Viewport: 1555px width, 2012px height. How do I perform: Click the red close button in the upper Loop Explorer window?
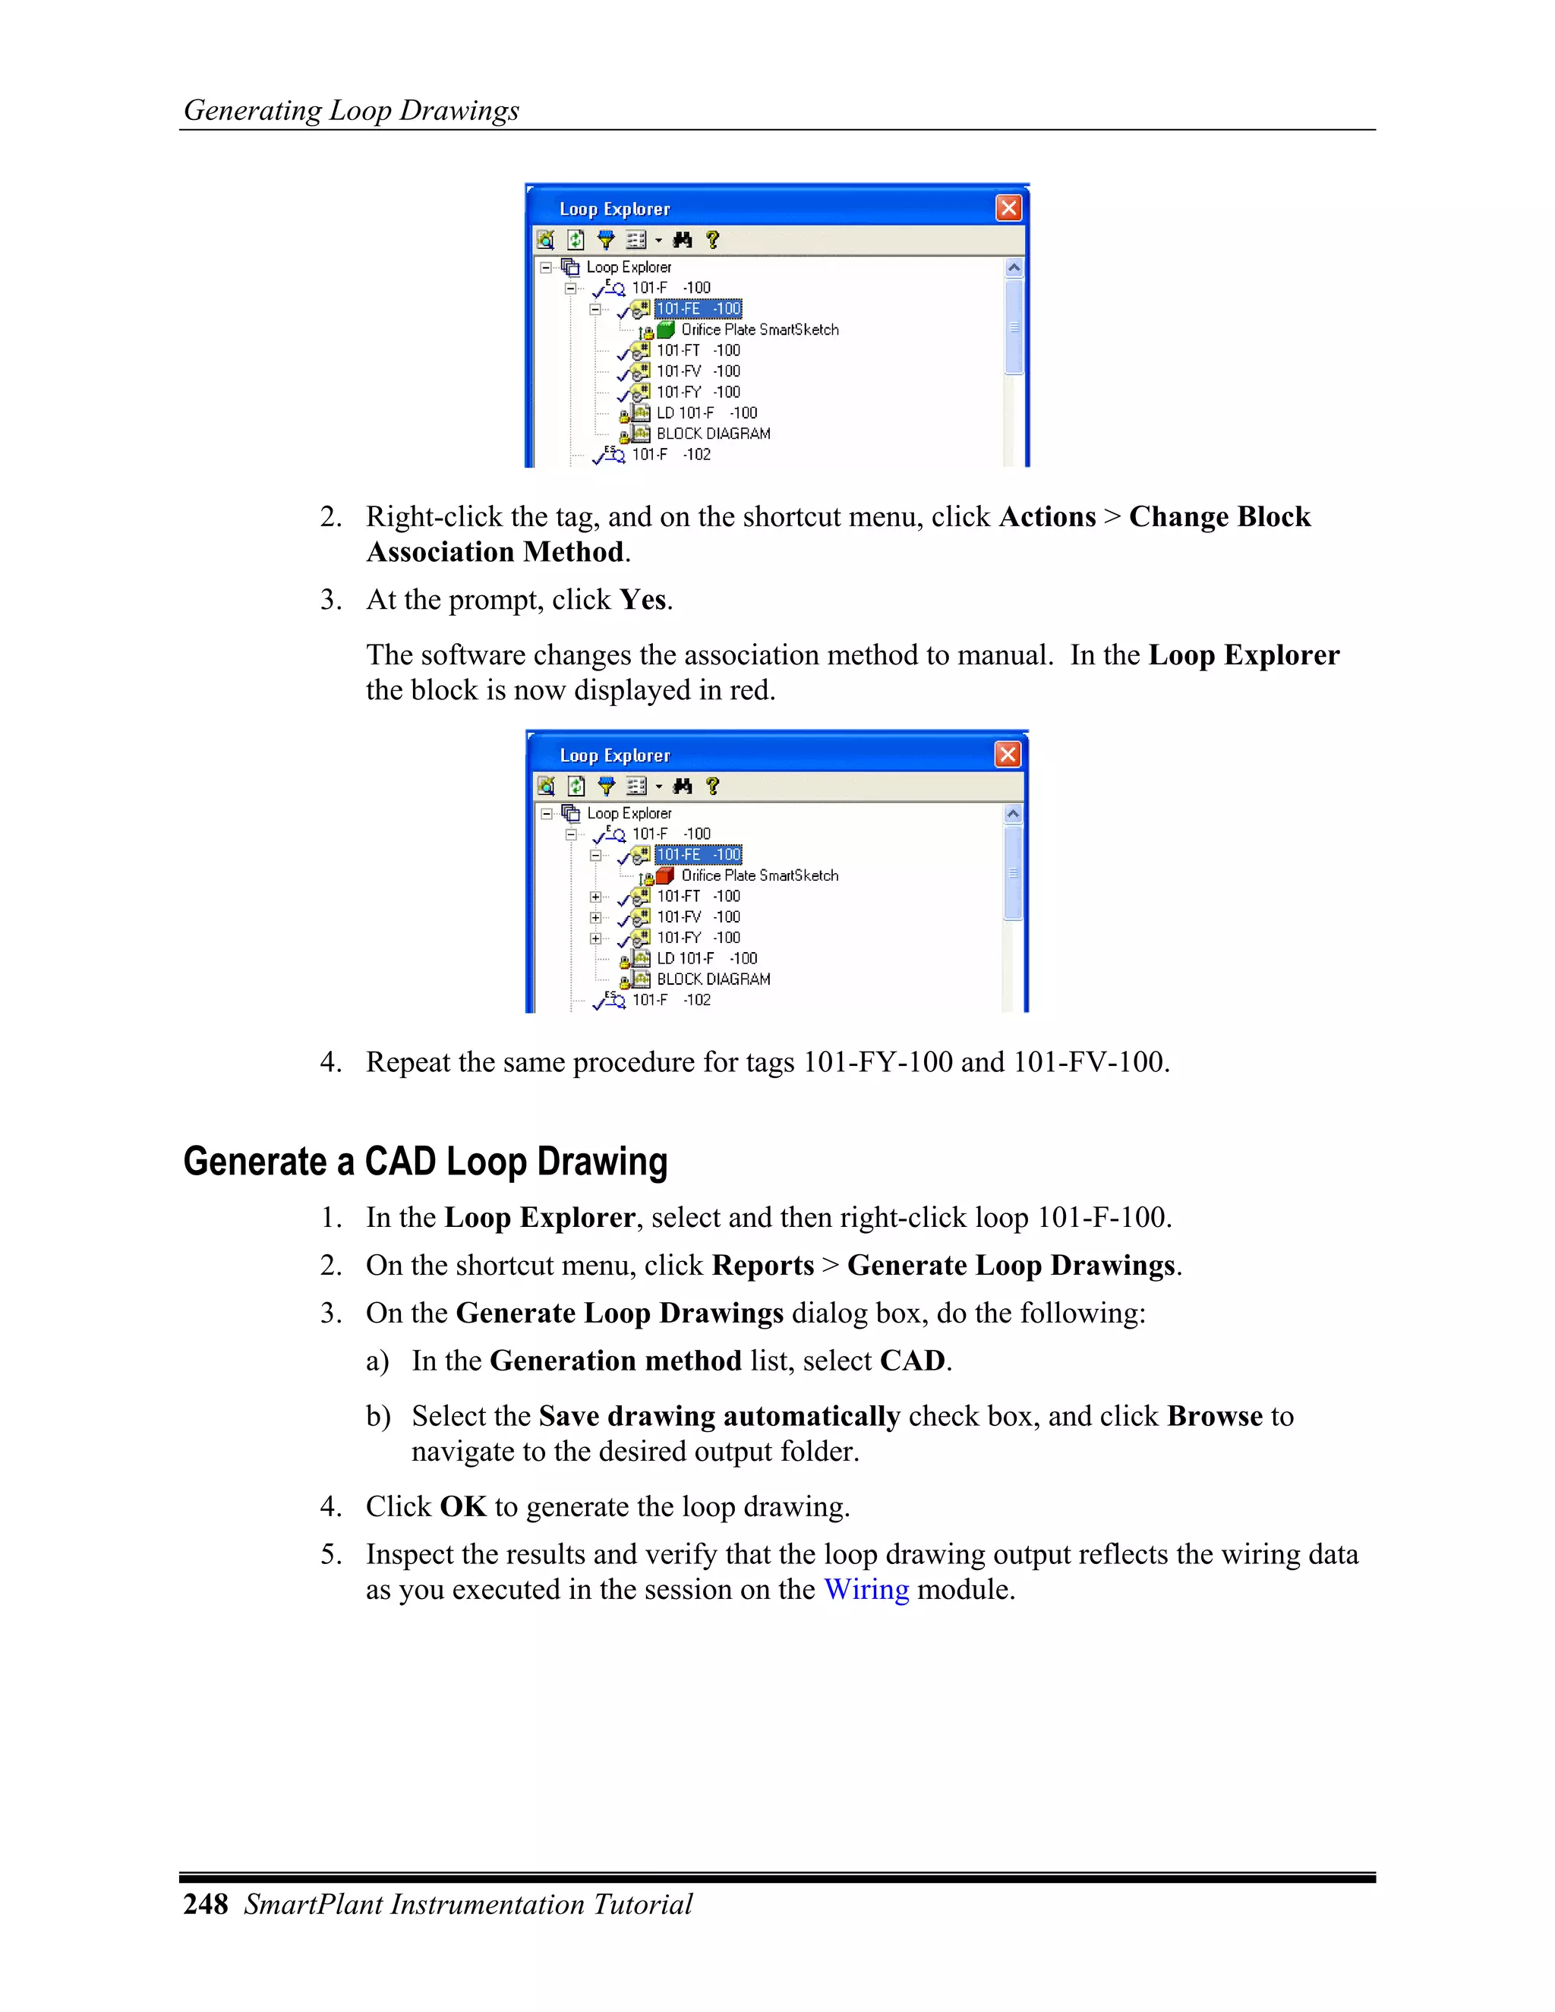[x=1009, y=208]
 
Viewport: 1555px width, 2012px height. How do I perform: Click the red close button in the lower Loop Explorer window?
[x=1008, y=755]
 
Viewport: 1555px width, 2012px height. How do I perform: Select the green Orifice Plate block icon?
[x=666, y=329]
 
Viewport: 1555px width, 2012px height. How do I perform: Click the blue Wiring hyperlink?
[x=865, y=1589]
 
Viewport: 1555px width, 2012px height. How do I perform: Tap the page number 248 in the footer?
[x=206, y=1904]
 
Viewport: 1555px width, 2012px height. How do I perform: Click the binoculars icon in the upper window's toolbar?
[x=683, y=239]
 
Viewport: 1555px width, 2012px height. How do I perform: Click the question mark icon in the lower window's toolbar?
[x=712, y=786]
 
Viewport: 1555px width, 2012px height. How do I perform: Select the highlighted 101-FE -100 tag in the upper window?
[x=697, y=308]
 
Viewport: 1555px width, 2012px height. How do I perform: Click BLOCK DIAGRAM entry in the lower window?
[x=712, y=979]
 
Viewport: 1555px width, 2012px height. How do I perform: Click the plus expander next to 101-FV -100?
[x=596, y=918]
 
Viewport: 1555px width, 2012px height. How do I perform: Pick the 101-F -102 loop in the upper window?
[x=670, y=454]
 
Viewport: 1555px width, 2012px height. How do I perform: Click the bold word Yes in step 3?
[x=642, y=600]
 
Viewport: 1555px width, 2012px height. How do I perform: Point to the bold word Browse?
[x=1214, y=1416]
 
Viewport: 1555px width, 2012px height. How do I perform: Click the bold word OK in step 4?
[x=462, y=1506]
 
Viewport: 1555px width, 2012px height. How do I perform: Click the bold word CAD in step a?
[x=912, y=1361]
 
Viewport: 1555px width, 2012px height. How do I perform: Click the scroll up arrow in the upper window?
[x=1014, y=268]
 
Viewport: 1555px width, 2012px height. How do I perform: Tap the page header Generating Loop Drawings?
[x=351, y=111]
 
